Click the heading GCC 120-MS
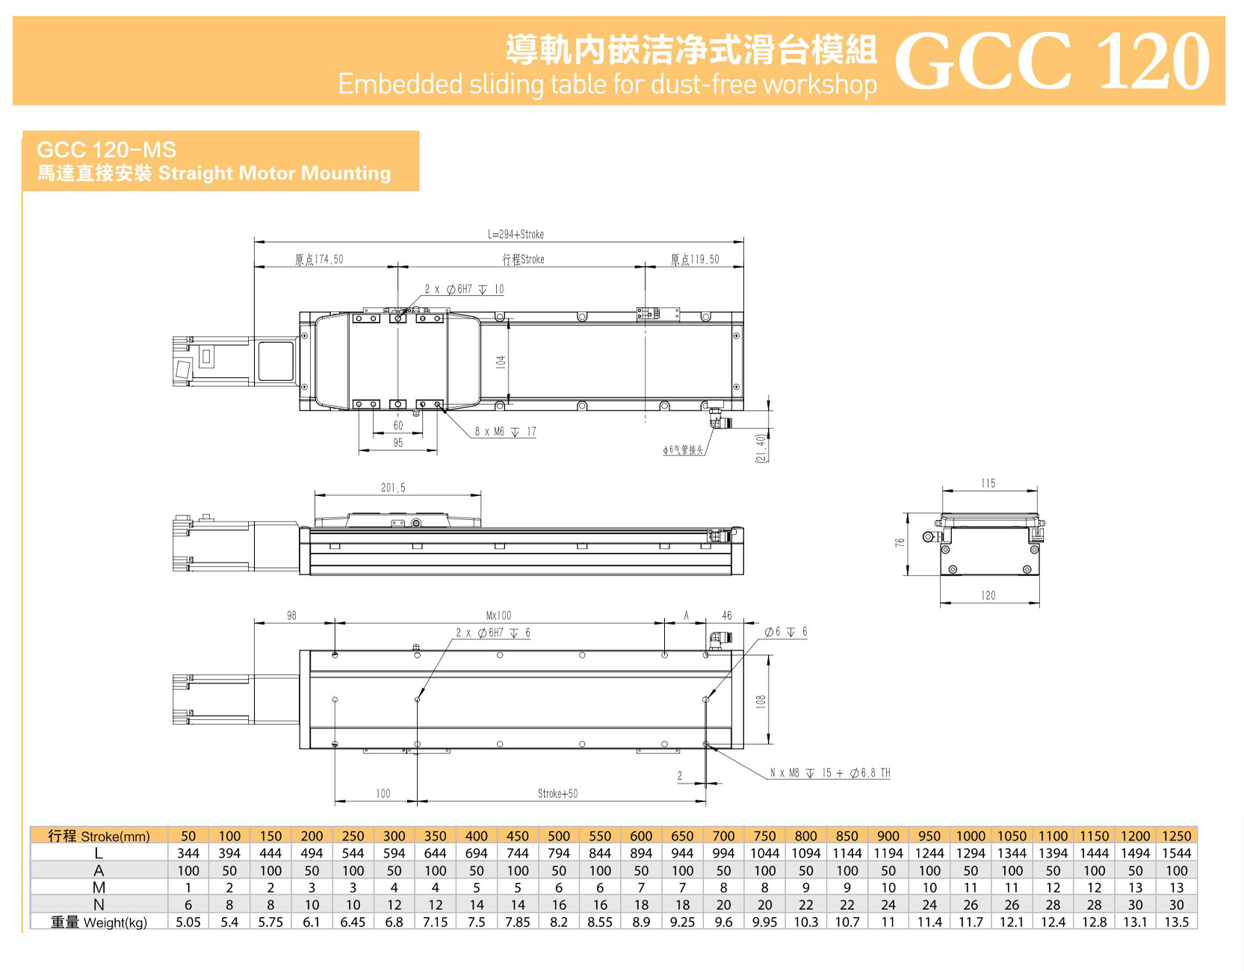(106, 149)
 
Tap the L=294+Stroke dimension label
(516, 235)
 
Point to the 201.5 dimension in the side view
(393, 488)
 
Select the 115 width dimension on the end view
(988, 483)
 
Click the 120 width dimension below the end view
(988, 595)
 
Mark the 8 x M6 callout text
(505, 432)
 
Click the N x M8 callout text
(829, 773)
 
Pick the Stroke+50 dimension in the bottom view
(557, 793)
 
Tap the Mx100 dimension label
(498, 615)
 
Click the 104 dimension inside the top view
(501, 362)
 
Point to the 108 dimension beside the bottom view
(761, 701)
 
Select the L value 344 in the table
(188, 853)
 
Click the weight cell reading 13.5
(1176, 922)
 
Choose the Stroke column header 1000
(971, 836)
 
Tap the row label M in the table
(99, 887)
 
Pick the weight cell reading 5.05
(188, 922)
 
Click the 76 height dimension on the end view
(900, 543)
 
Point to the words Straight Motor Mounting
(274, 173)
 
